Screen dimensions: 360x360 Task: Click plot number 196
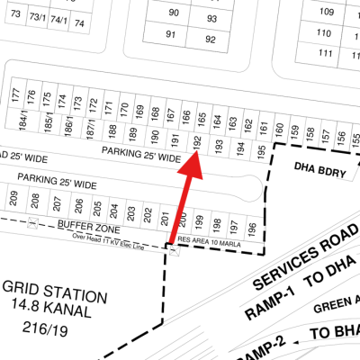[x=252, y=227]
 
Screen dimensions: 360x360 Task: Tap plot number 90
[x=174, y=13]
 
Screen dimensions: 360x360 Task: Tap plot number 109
[x=326, y=13]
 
